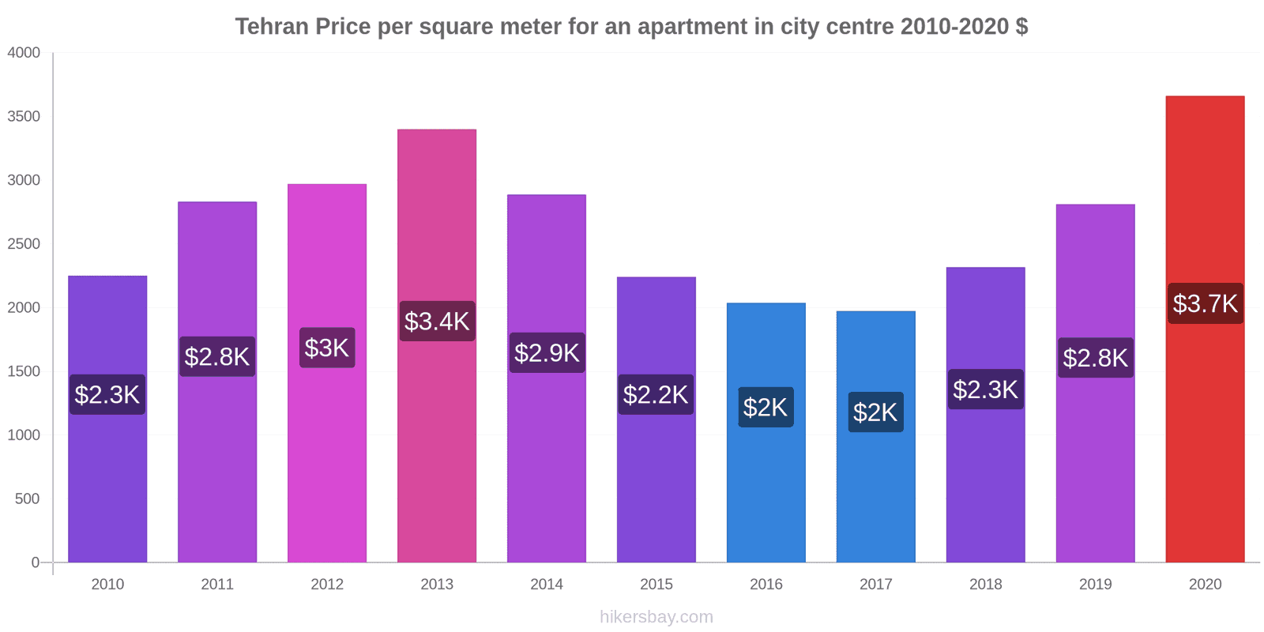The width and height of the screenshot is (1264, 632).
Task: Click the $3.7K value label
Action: click(1205, 303)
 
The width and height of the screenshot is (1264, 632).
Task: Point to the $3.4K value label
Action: click(437, 321)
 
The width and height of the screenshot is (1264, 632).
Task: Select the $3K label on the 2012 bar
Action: click(327, 348)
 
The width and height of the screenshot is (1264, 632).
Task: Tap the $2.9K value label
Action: click(547, 352)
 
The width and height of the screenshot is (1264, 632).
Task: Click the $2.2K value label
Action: click(656, 394)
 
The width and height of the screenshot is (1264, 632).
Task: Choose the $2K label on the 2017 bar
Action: click(875, 412)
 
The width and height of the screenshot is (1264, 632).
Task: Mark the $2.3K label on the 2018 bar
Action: click(985, 389)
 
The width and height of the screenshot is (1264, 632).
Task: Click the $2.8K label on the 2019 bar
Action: click(1095, 358)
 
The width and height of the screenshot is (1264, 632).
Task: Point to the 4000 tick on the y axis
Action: click(24, 53)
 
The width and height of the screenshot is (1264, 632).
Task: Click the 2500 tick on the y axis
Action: click(24, 244)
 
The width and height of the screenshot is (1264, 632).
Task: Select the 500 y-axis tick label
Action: click(27, 498)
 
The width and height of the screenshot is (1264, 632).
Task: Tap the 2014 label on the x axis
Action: click(547, 584)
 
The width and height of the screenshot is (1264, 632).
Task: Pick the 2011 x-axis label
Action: click(217, 584)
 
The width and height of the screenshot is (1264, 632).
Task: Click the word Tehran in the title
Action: click(272, 27)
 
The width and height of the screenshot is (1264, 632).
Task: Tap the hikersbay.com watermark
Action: click(656, 617)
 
